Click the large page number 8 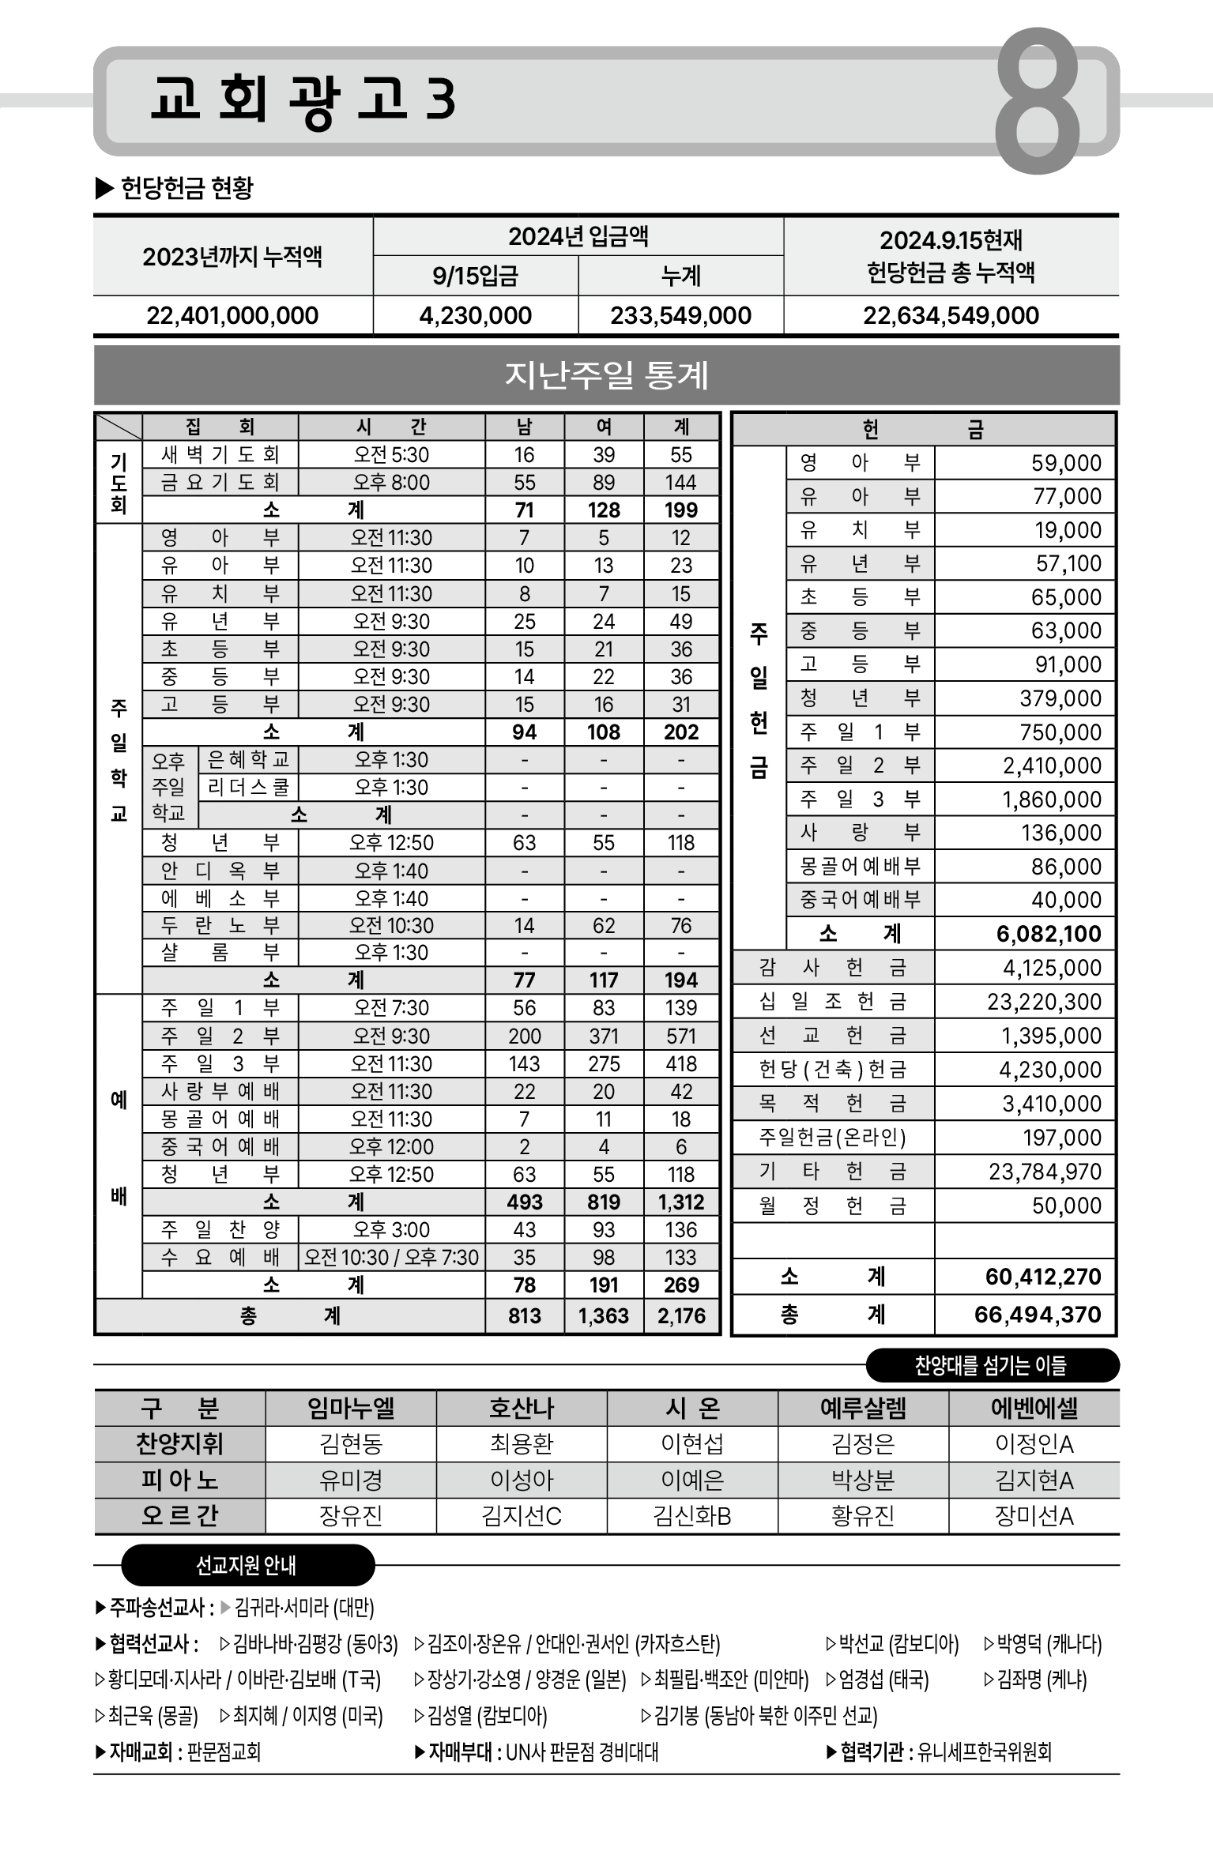click(1037, 100)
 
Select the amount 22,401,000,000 click(232, 316)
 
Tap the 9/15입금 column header click(475, 276)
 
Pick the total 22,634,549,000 click(951, 316)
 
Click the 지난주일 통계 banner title click(606, 375)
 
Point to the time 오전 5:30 click(391, 455)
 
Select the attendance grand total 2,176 click(681, 1316)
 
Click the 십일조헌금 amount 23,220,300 click(1044, 1002)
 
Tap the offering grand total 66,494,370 click(1037, 1315)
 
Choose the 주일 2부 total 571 click(681, 1036)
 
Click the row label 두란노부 click(220, 925)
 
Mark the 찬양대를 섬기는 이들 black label click(992, 1365)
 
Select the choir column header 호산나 click(522, 1408)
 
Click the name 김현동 click(351, 1444)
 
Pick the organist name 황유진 click(863, 1516)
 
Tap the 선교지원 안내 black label click(247, 1565)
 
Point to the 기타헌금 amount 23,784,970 click(1045, 1172)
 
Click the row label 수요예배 click(220, 1257)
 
